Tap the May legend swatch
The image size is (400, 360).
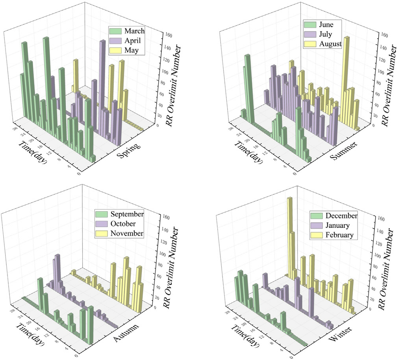click(116, 50)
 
